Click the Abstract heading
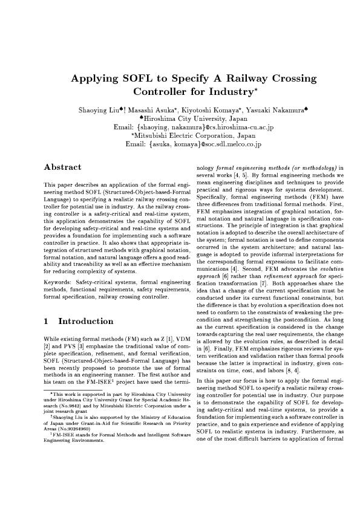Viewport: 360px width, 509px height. coord(64,167)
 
